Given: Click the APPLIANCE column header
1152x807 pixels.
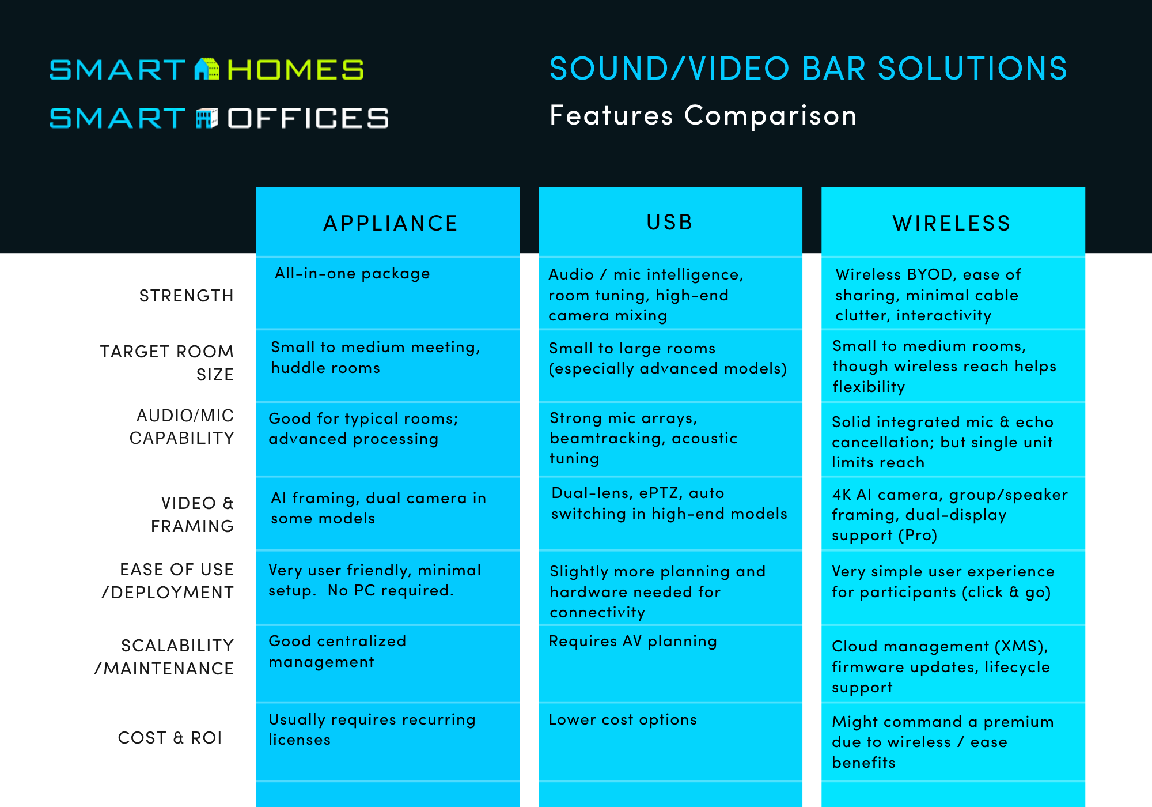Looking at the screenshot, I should pyautogui.click(x=391, y=223).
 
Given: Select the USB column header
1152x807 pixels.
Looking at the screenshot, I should pyautogui.click(x=669, y=223).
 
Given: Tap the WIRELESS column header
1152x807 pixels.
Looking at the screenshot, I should pyautogui.click(x=952, y=223).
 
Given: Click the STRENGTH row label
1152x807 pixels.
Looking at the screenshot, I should pyautogui.click(x=186, y=296).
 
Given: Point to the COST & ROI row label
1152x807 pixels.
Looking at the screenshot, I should pyautogui.click(x=170, y=738).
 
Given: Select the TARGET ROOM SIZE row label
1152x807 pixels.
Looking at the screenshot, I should pyautogui.click(x=167, y=363).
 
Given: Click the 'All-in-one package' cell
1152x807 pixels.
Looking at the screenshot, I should pyautogui.click(x=352, y=273).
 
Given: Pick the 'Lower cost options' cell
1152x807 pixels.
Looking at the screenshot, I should pyautogui.click(x=623, y=719).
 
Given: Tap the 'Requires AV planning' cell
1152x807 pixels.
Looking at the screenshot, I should pyautogui.click(x=632, y=641).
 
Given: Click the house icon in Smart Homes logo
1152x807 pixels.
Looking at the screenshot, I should pyautogui.click(x=207, y=69).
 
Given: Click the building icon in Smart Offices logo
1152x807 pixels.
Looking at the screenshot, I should pyautogui.click(x=207, y=118).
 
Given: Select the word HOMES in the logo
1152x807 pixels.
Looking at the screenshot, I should pyautogui.click(x=295, y=70).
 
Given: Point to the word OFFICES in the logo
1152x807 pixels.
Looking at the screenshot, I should pyautogui.click(x=308, y=118).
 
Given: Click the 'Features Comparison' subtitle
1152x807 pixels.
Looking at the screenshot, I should pyautogui.click(x=703, y=115).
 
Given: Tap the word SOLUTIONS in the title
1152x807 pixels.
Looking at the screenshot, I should pyautogui.click(x=972, y=69).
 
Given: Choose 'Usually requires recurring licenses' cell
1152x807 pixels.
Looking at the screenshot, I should pyautogui.click(x=372, y=730).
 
